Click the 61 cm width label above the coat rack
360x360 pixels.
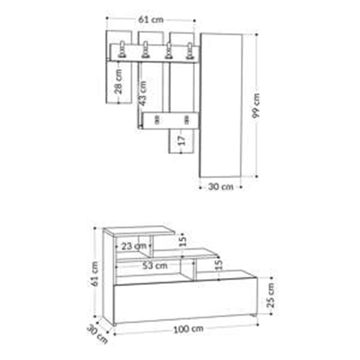pos(151,20)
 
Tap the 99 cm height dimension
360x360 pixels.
pos(256,106)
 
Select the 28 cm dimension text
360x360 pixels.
pos(118,82)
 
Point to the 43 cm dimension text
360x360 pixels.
pos(143,94)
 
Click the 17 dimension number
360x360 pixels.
pos(182,140)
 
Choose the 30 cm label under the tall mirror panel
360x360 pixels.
pos(220,187)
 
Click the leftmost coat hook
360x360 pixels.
pos(122,49)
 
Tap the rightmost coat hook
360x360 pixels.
pos(189,50)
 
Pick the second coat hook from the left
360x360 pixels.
pos(145,49)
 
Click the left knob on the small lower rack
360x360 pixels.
pos(157,120)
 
